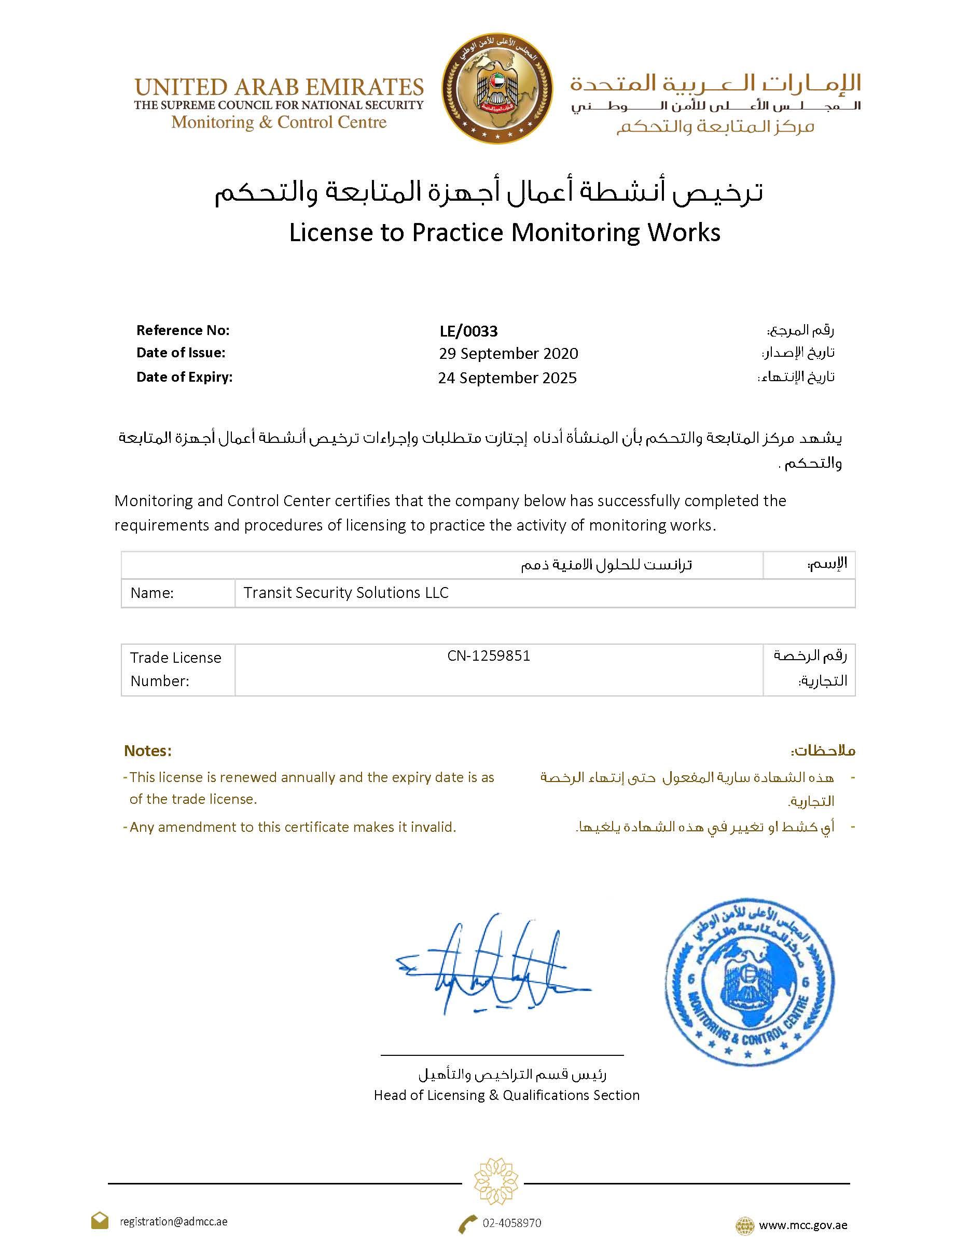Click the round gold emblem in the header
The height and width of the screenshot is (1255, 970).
[497, 88]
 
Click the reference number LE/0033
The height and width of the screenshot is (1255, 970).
[468, 331]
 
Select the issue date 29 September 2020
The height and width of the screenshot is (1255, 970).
[508, 353]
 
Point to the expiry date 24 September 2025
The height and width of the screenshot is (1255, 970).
[507, 378]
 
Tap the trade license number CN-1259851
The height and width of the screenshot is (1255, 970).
[489, 656]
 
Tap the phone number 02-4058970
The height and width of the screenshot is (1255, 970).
[511, 1223]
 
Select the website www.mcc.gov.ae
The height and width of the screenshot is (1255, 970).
[803, 1224]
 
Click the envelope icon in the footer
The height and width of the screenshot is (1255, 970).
[100, 1221]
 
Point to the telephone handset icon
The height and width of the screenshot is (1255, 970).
[468, 1223]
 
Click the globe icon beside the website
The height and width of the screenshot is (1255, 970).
[745, 1225]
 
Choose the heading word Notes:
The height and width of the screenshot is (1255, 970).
[148, 751]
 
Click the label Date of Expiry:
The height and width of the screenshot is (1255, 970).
[184, 377]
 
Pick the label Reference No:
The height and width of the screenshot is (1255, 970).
[183, 330]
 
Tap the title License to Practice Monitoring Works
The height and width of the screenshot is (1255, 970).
[505, 233]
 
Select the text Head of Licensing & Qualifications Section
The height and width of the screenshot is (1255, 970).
[506, 1095]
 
